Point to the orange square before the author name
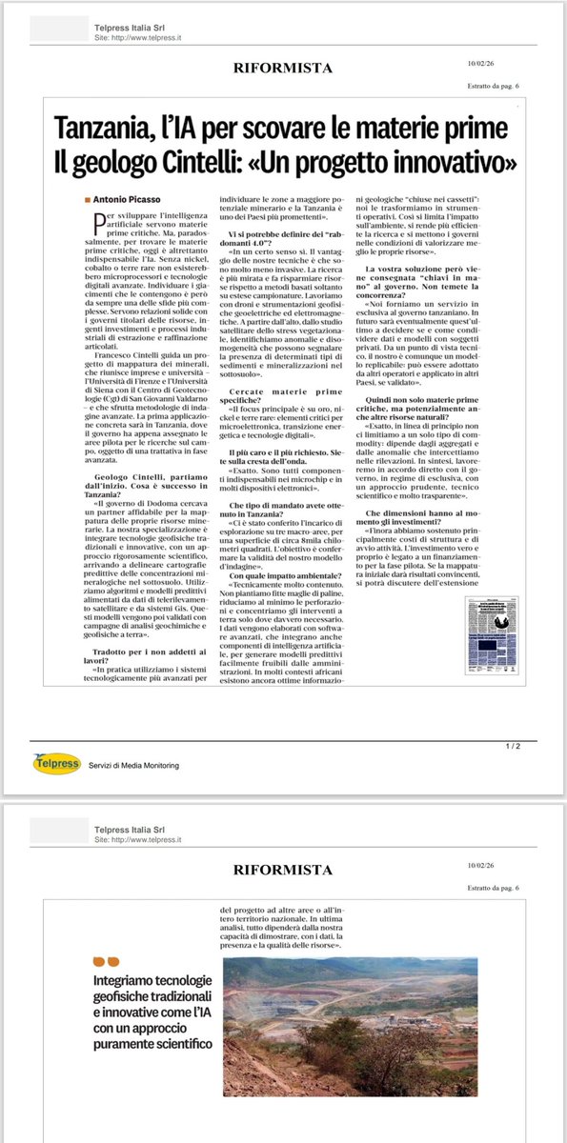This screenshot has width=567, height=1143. [x=88, y=198]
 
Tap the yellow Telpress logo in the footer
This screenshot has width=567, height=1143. [x=55, y=763]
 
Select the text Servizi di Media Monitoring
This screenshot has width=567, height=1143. [x=133, y=765]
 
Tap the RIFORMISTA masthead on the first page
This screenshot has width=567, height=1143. [x=283, y=68]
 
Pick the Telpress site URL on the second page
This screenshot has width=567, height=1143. [x=138, y=841]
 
